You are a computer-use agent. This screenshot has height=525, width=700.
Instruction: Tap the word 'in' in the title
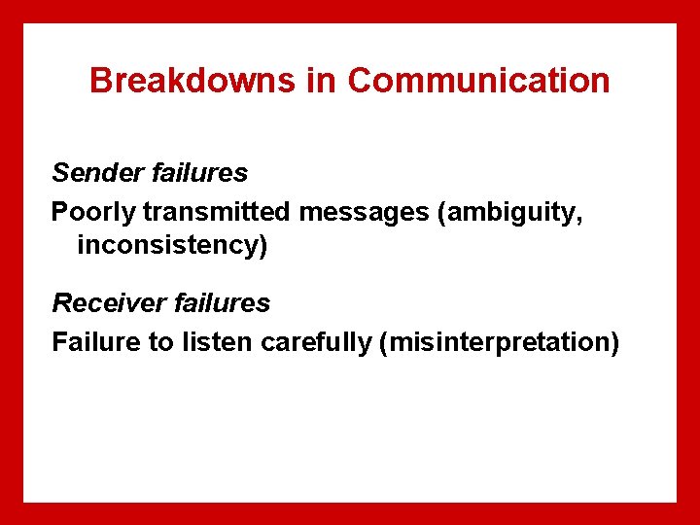(320, 81)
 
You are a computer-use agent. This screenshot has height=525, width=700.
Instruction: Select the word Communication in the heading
(478, 81)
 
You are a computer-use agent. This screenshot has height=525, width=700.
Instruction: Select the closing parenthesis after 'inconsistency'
(262, 246)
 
